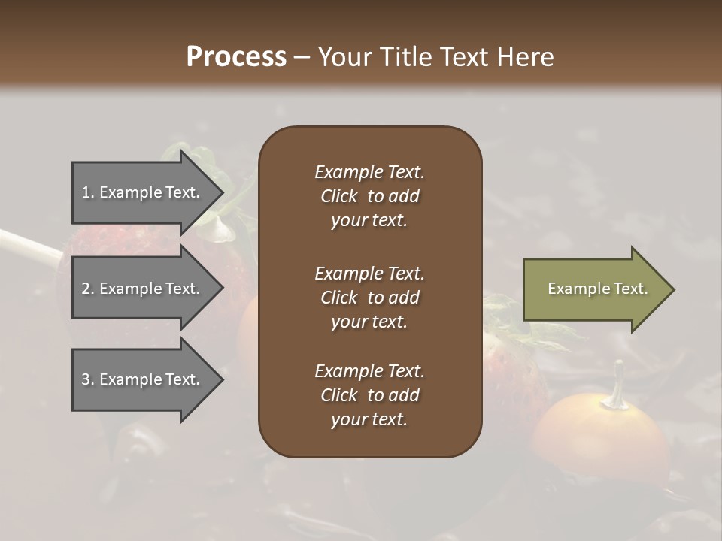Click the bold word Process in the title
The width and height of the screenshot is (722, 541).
pos(236,56)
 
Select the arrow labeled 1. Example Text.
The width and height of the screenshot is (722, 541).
pos(143,192)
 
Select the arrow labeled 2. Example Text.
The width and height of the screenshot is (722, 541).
pos(143,289)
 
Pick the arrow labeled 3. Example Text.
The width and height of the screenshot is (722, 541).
pos(143,379)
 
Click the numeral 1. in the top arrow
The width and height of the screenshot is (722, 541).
pos(87,192)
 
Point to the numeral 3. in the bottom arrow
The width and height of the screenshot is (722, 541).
pos(87,379)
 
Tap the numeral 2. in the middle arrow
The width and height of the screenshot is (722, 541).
pos(87,289)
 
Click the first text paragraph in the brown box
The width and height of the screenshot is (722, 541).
pos(369,196)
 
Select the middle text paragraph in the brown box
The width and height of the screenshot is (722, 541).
pos(369,297)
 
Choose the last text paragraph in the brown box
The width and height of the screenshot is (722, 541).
pos(369,395)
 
